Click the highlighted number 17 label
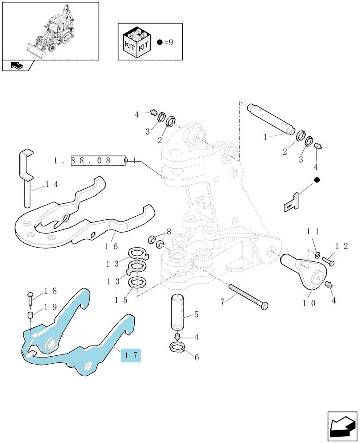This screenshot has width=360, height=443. [x=131, y=355]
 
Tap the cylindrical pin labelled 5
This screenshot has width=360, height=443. [x=177, y=311]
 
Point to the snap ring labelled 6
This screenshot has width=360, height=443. [x=177, y=347]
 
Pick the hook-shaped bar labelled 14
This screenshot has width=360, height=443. [x=26, y=177]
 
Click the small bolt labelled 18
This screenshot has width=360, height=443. [x=30, y=298]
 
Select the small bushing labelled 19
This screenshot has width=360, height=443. [x=31, y=315]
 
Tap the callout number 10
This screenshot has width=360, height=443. [x=309, y=303]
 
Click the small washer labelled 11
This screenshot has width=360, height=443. [x=317, y=255]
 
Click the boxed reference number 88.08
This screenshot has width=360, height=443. [x=90, y=160]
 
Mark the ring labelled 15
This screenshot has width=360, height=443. [x=137, y=283]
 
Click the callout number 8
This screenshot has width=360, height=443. [x=169, y=232]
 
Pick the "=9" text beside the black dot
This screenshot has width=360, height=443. [x=168, y=43]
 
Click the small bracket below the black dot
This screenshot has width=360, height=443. [x=291, y=202]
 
